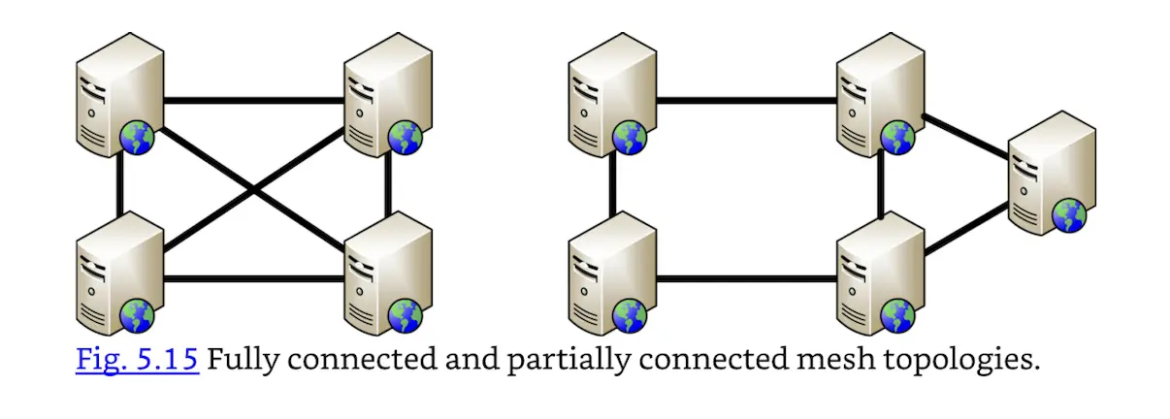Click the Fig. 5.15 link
137,360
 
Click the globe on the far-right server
1069,214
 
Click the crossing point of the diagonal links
254,191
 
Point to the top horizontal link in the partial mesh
746,99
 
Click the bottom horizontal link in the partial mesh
746,280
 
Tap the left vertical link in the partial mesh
613,189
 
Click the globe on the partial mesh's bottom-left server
630,316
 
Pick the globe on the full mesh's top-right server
406,138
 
